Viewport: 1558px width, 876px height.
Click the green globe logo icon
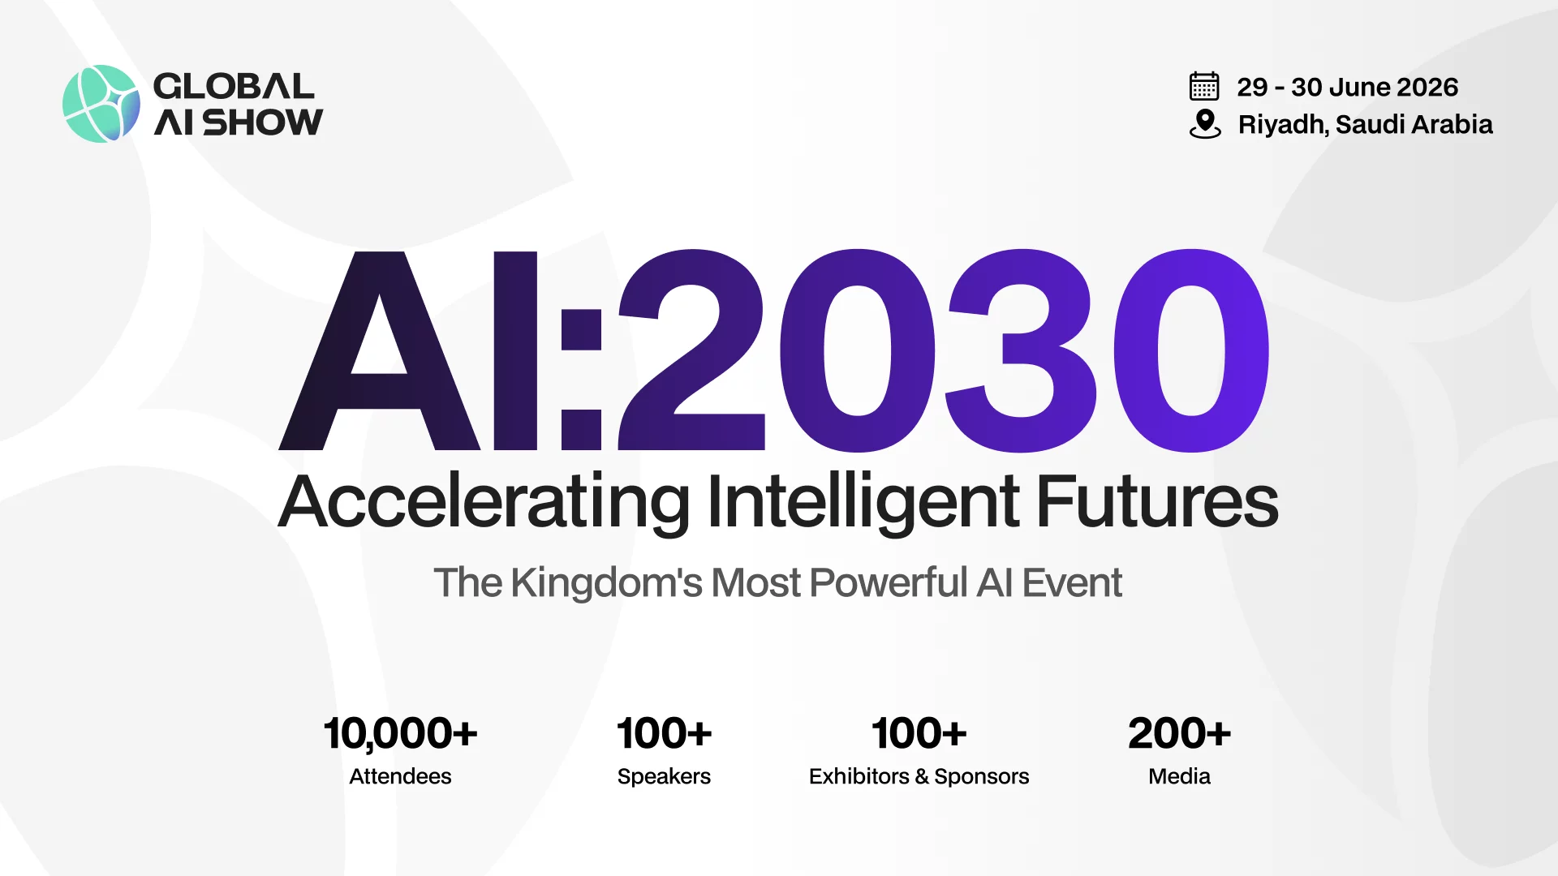point(101,104)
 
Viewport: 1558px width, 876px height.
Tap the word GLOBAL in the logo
point(234,86)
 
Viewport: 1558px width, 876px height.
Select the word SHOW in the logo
point(262,122)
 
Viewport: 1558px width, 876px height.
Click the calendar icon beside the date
point(1204,86)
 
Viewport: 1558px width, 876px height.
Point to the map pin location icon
point(1205,124)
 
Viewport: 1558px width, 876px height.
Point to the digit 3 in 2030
point(1021,350)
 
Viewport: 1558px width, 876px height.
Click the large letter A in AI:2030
point(379,350)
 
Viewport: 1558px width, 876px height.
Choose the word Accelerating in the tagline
point(484,503)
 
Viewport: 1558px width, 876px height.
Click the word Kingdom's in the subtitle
point(606,582)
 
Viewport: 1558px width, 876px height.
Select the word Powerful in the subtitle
point(889,582)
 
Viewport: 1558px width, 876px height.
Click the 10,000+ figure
point(400,733)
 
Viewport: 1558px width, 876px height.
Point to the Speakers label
point(664,776)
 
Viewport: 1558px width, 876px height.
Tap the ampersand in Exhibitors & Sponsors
point(922,776)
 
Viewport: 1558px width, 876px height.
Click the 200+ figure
point(1179,733)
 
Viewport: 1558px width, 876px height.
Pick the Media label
point(1179,776)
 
